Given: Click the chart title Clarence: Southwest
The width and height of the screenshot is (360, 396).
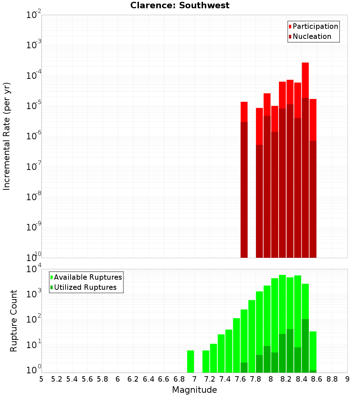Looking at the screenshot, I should [x=180, y=5].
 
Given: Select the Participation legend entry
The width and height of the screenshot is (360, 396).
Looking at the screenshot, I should [x=315, y=26].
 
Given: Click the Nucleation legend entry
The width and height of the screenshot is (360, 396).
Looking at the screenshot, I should [x=312, y=36].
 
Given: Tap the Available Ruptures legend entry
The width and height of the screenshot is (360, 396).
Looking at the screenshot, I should [x=88, y=277].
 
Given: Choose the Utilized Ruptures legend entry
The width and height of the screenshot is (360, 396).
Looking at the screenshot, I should [x=85, y=287].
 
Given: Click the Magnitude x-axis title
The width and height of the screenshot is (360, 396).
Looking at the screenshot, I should [x=194, y=390].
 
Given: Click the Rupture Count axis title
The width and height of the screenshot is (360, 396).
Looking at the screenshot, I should [x=14, y=321].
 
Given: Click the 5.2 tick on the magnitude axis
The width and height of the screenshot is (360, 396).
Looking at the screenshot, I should [x=57, y=379].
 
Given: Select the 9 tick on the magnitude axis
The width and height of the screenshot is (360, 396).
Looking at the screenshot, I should [x=347, y=379].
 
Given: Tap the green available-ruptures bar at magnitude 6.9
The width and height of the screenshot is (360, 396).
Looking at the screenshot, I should [x=190, y=361].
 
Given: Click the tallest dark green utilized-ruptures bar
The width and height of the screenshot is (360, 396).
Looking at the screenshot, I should [x=305, y=346].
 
